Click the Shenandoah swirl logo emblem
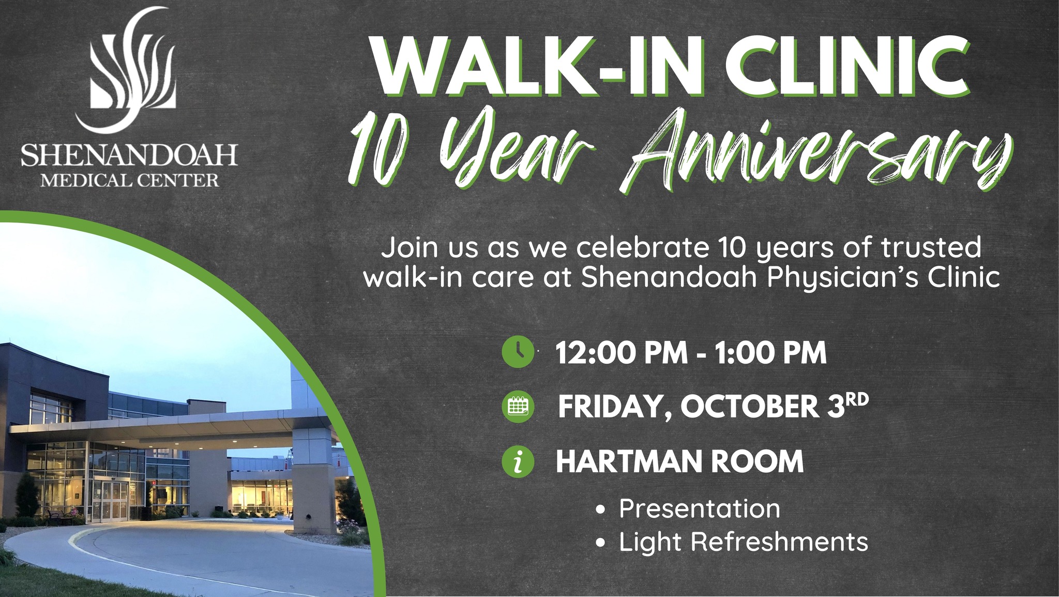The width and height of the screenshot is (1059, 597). (132, 70)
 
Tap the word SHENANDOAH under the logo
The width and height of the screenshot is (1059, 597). (129, 155)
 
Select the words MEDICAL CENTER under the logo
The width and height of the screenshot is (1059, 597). (130, 181)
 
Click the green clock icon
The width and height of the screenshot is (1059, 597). (518, 352)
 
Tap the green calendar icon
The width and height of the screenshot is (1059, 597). (518, 407)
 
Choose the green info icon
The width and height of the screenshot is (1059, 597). (518, 461)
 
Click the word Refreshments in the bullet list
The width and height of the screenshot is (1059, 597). (779, 542)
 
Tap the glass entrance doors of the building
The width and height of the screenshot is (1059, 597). (115, 499)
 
